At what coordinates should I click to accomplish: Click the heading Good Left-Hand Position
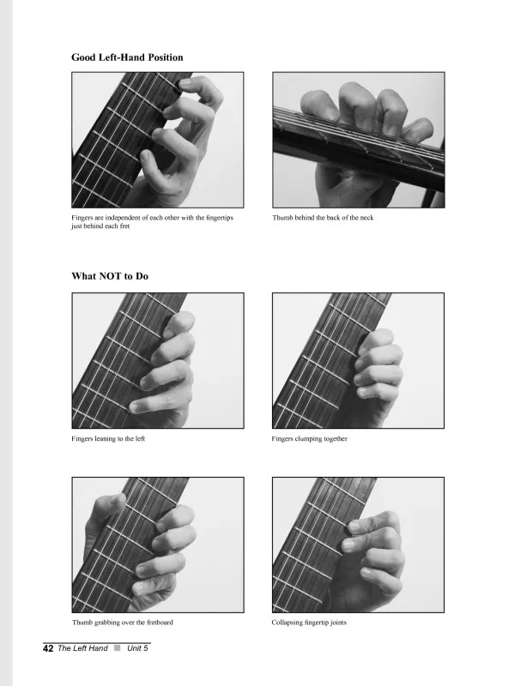(127, 57)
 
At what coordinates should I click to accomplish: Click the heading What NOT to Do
(110, 276)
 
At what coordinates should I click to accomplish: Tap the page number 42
(48, 648)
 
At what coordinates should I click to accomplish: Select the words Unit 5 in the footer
(137, 648)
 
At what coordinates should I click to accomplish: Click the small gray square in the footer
(118, 648)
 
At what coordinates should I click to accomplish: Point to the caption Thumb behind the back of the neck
(323, 218)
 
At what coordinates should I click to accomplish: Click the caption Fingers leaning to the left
(108, 438)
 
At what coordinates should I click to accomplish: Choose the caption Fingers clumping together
(309, 438)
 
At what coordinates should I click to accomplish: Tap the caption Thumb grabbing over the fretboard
(123, 623)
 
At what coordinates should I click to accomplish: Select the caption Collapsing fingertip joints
(309, 623)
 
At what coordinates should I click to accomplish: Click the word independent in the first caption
(123, 218)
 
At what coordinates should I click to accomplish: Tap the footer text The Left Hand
(82, 648)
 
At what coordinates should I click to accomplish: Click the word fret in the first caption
(124, 226)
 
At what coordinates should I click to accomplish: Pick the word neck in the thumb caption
(367, 218)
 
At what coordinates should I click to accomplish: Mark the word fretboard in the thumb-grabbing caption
(160, 623)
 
